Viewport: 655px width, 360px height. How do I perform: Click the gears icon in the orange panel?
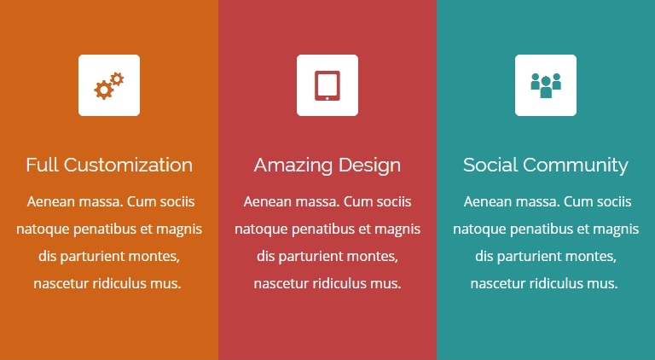[x=109, y=85]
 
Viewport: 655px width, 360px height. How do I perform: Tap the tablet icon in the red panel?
[x=327, y=85]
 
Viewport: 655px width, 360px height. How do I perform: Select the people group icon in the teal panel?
[x=546, y=85]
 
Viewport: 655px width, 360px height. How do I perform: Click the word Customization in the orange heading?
[x=128, y=165]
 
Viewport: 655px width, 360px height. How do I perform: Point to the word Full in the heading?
[x=42, y=165]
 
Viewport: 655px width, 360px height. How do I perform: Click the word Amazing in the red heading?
[x=293, y=165]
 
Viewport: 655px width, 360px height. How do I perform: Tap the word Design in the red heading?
[x=369, y=165]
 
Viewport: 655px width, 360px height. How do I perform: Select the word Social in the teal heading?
[x=490, y=165]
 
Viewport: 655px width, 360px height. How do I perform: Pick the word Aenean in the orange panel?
[x=51, y=201]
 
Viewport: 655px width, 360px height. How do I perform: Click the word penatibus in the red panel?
[x=323, y=229]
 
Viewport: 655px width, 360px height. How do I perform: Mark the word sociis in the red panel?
[x=394, y=201]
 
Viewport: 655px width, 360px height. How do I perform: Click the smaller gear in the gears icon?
[x=118, y=79]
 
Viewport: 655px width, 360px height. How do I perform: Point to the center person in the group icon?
[x=546, y=87]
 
